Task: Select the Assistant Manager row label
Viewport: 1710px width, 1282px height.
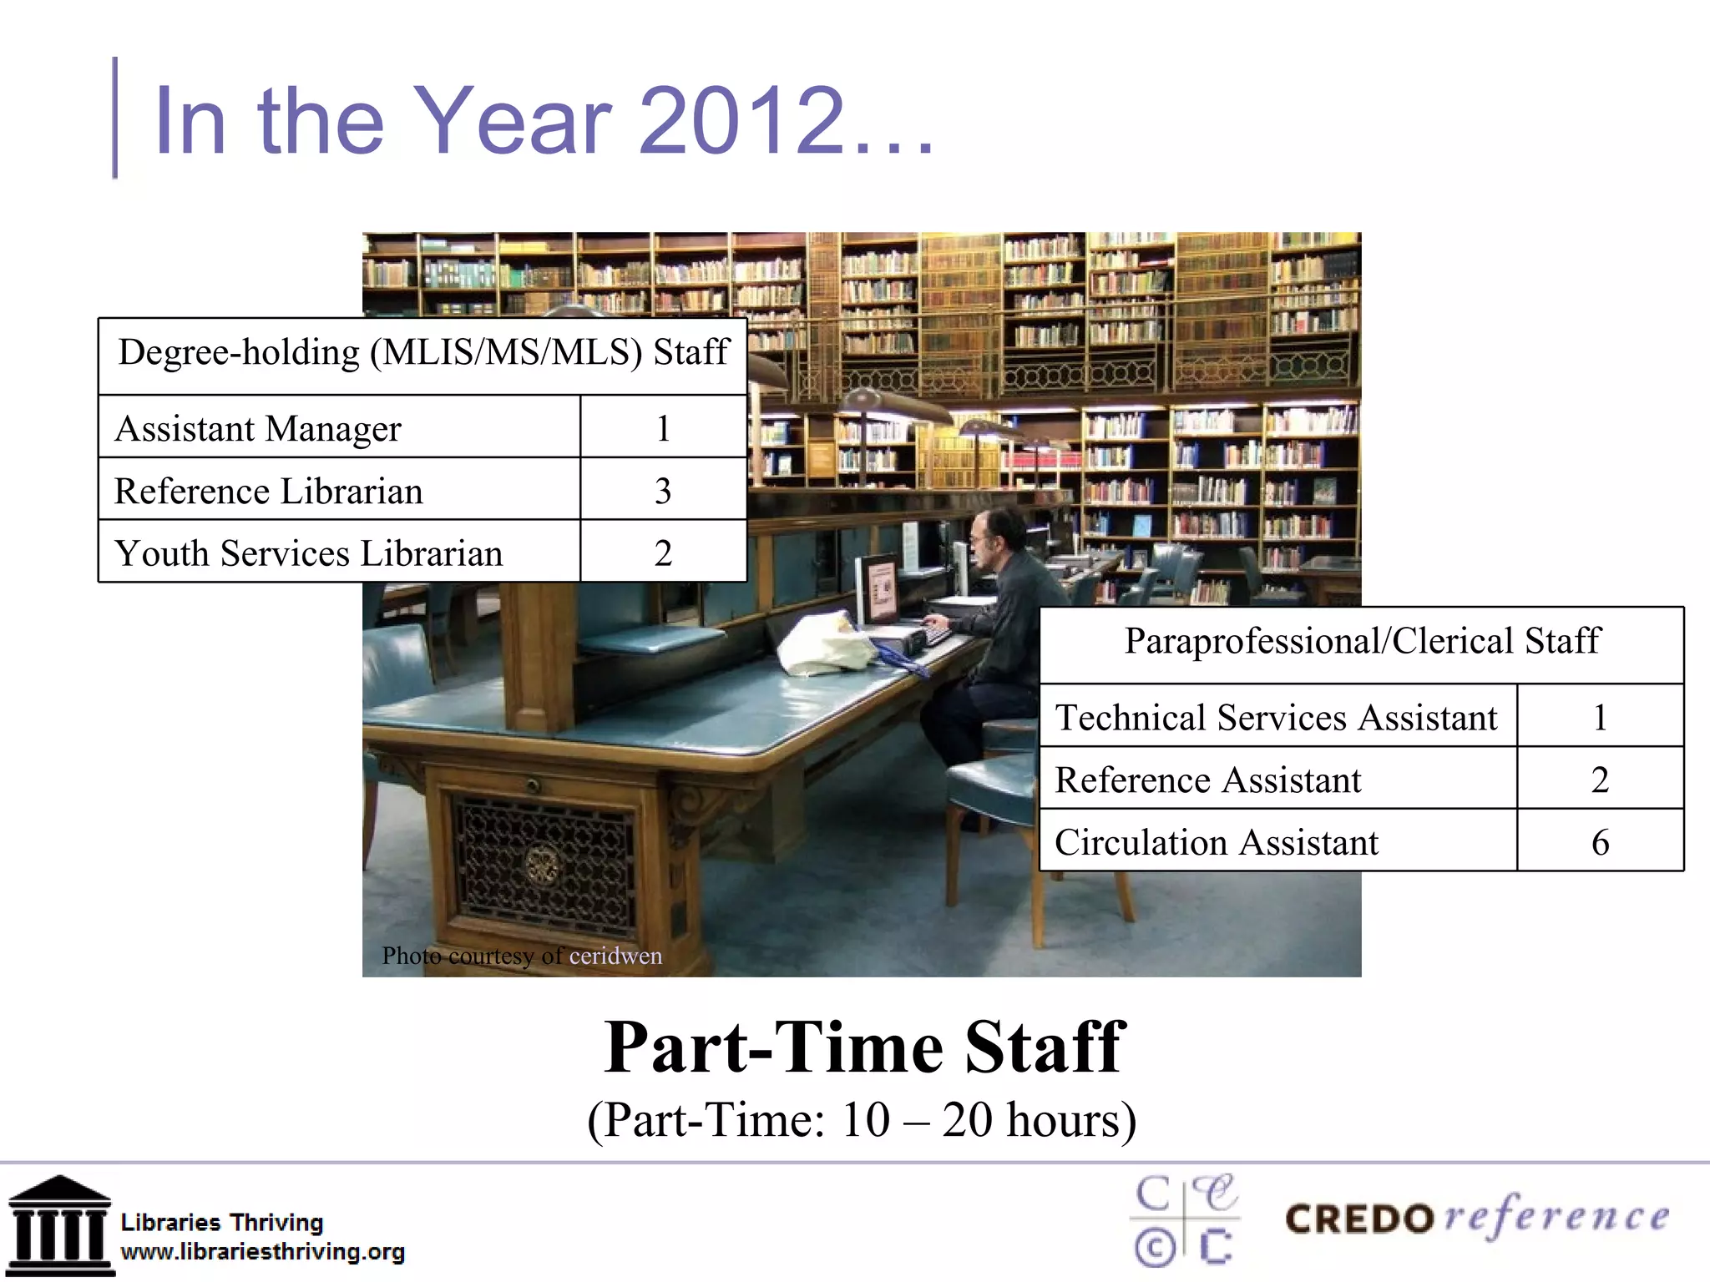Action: click(258, 429)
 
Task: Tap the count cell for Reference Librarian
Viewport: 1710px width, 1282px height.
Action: click(663, 491)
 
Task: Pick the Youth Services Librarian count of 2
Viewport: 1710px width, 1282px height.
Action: click(663, 553)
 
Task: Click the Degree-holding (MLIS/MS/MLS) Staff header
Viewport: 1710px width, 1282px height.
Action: click(423, 352)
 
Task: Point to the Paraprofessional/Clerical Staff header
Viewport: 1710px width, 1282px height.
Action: click(1362, 641)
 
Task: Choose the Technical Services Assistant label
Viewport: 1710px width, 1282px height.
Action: click(1276, 718)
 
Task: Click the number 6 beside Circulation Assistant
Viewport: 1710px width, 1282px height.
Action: click(1600, 842)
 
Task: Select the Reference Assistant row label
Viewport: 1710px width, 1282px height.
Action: click(1207, 780)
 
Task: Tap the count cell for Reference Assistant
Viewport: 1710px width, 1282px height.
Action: click(1600, 780)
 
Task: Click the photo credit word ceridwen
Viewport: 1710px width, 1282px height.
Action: click(615, 956)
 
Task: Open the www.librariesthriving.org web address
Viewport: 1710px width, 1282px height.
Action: click(262, 1252)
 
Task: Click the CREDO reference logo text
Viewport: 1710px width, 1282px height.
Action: click(1477, 1219)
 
